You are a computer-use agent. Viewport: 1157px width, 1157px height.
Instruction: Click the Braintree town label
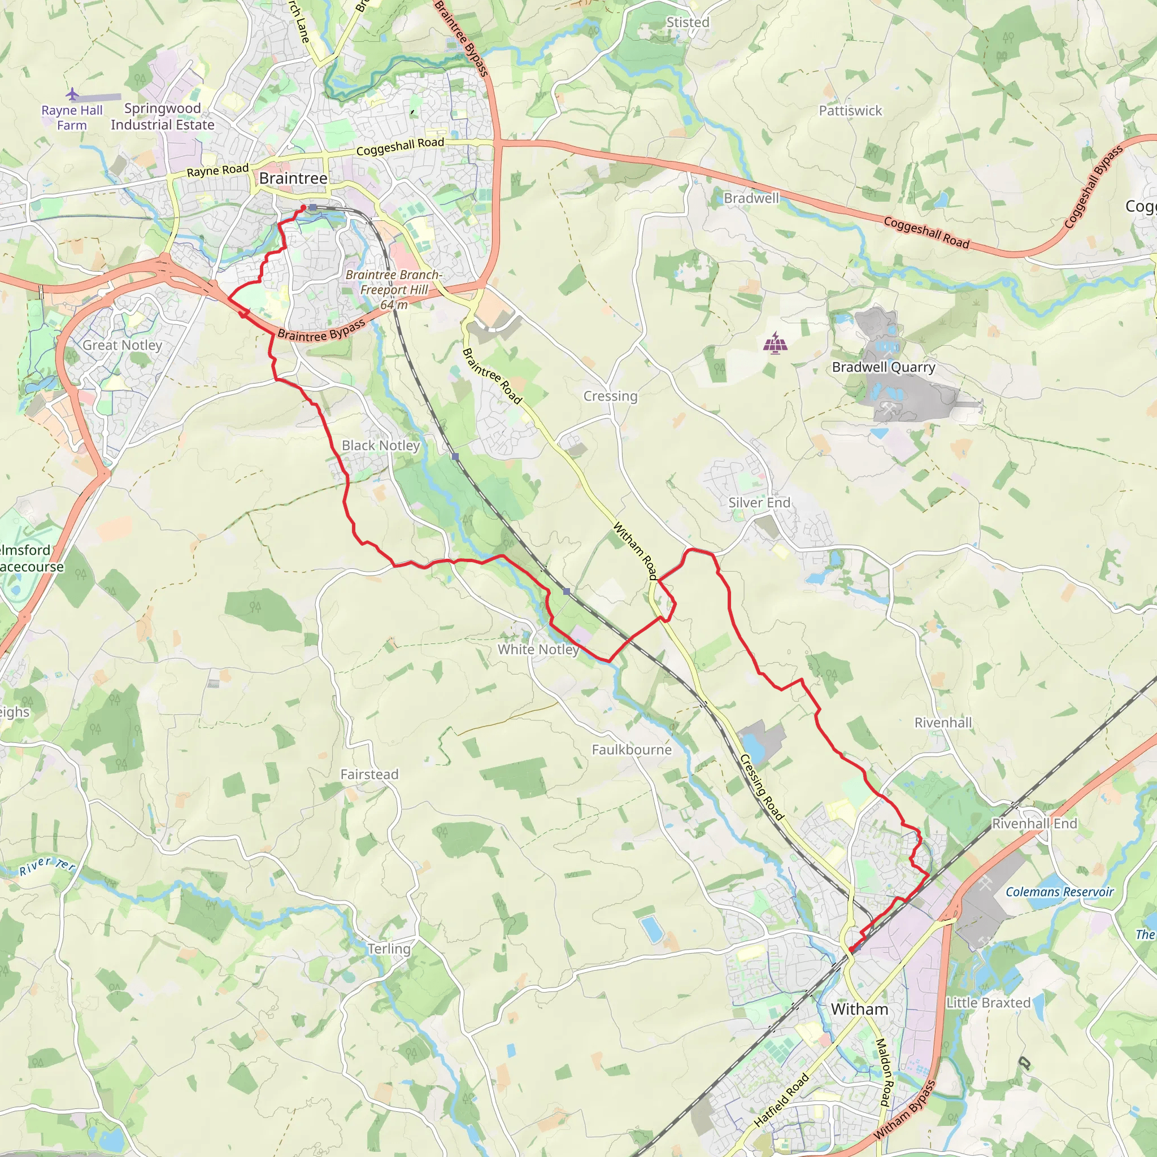coord(293,179)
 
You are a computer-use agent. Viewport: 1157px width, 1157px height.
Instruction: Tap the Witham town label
coord(859,1009)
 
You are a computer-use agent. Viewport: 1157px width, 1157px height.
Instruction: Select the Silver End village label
coord(759,502)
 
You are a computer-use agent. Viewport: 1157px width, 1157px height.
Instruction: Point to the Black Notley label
coord(380,446)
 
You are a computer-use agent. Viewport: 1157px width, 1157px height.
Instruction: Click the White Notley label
coord(538,649)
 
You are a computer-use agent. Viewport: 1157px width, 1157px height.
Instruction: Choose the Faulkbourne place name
coord(631,750)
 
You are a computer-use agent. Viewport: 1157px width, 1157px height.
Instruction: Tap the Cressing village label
coord(610,396)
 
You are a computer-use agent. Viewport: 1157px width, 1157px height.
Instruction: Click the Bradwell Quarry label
coord(884,367)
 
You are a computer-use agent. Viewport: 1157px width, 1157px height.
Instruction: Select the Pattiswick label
coord(850,111)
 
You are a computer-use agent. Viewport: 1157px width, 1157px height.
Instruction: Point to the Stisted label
coord(688,22)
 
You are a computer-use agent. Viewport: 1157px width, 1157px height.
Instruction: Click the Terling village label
coord(389,949)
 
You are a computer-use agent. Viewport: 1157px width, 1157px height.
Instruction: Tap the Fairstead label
coord(369,775)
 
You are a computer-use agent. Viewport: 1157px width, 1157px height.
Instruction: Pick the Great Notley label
coord(122,345)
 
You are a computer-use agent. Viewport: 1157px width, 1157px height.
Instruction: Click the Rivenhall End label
coord(1034,824)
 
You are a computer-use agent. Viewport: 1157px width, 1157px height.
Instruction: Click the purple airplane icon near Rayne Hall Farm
coord(72,94)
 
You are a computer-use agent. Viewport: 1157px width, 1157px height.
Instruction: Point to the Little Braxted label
coord(988,1003)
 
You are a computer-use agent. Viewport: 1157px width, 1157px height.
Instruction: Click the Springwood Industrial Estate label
coord(162,117)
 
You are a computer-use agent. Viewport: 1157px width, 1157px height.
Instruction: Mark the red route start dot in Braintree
coord(303,208)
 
